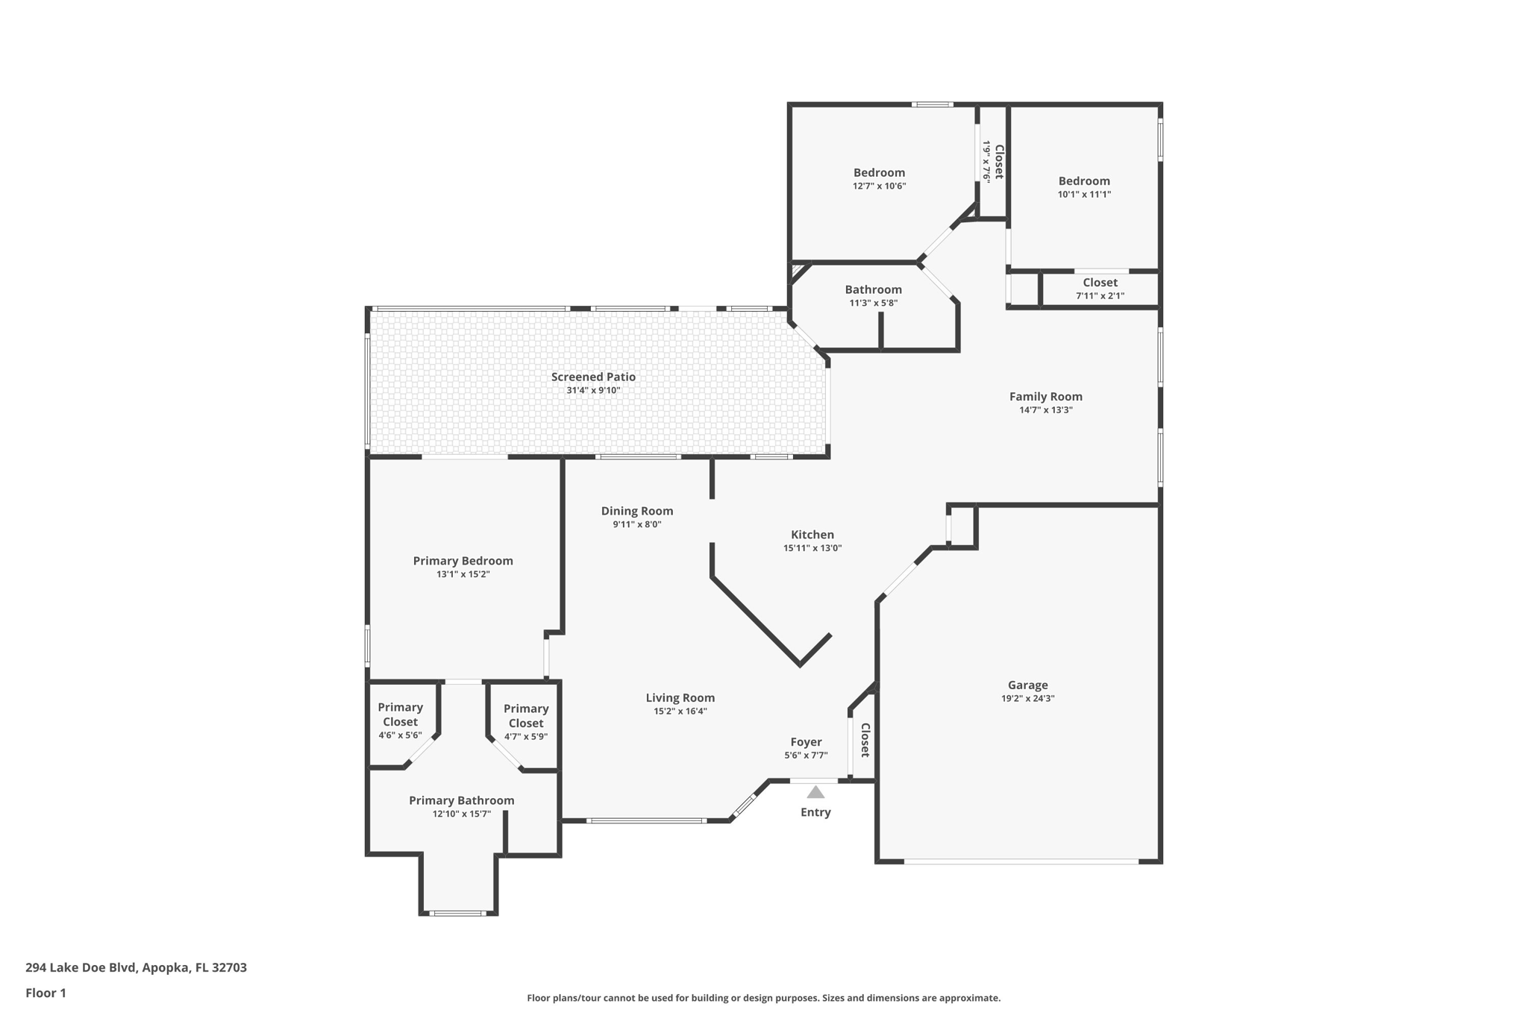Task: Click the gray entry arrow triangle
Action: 815,793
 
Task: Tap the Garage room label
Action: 1027,685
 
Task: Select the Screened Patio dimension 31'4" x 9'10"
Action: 593,390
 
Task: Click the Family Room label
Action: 1045,397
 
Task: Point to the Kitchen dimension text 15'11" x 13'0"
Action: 812,548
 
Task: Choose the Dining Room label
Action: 637,511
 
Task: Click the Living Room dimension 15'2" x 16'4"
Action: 680,711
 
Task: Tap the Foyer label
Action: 806,742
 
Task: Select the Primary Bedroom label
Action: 463,561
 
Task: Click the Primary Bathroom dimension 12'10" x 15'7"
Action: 461,814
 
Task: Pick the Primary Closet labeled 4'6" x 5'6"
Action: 400,720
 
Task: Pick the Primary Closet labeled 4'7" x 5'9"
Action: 525,722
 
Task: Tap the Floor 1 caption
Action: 46,993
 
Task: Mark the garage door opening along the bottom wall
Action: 1021,861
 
